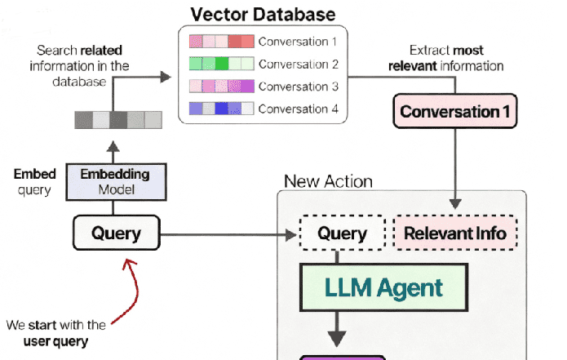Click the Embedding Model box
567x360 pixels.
pyautogui.click(x=115, y=180)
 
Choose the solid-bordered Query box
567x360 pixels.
pyautogui.click(x=115, y=234)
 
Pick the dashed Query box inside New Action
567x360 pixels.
pyautogui.click(x=343, y=234)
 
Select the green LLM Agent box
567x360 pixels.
pyautogui.click(x=383, y=287)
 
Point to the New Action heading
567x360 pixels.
pyautogui.click(x=328, y=181)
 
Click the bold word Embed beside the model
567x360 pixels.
pyautogui.click(x=34, y=174)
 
